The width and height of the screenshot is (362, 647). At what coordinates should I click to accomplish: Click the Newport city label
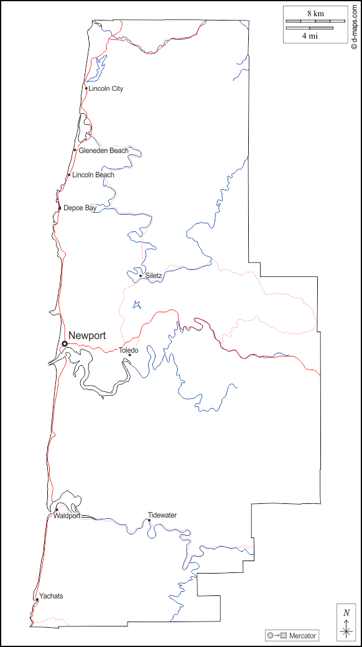[87, 336]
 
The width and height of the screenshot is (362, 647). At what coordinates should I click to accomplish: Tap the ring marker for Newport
[65, 343]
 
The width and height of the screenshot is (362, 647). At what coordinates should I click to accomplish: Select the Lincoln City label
[106, 89]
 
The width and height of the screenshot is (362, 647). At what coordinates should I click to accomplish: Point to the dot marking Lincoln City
[86, 88]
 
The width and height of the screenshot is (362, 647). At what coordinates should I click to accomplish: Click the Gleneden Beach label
[103, 151]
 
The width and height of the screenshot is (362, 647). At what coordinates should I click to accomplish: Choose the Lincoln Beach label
[93, 175]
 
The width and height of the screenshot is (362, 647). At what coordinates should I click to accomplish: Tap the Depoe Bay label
[80, 208]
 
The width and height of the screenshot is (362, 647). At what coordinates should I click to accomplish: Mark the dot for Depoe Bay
[60, 208]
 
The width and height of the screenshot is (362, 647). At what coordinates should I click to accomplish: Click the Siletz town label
[154, 276]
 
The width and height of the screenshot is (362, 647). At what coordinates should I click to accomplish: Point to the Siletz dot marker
[141, 276]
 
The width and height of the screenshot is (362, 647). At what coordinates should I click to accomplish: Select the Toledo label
[129, 350]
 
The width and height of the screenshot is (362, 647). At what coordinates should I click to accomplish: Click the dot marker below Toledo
[129, 355]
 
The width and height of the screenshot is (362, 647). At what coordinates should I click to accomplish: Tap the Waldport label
[67, 516]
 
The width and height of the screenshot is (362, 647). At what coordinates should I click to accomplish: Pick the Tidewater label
[162, 515]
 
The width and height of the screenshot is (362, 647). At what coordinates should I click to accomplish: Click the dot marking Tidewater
[149, 521]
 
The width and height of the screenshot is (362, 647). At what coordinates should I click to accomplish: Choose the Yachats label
[51, 596]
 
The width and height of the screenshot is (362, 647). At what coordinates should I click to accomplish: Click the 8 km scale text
[315, 13]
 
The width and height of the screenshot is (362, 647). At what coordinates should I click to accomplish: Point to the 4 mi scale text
[310, 36]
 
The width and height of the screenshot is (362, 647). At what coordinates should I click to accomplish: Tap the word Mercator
[303, 636]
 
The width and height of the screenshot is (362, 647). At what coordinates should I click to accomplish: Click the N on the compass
[346, 613]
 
